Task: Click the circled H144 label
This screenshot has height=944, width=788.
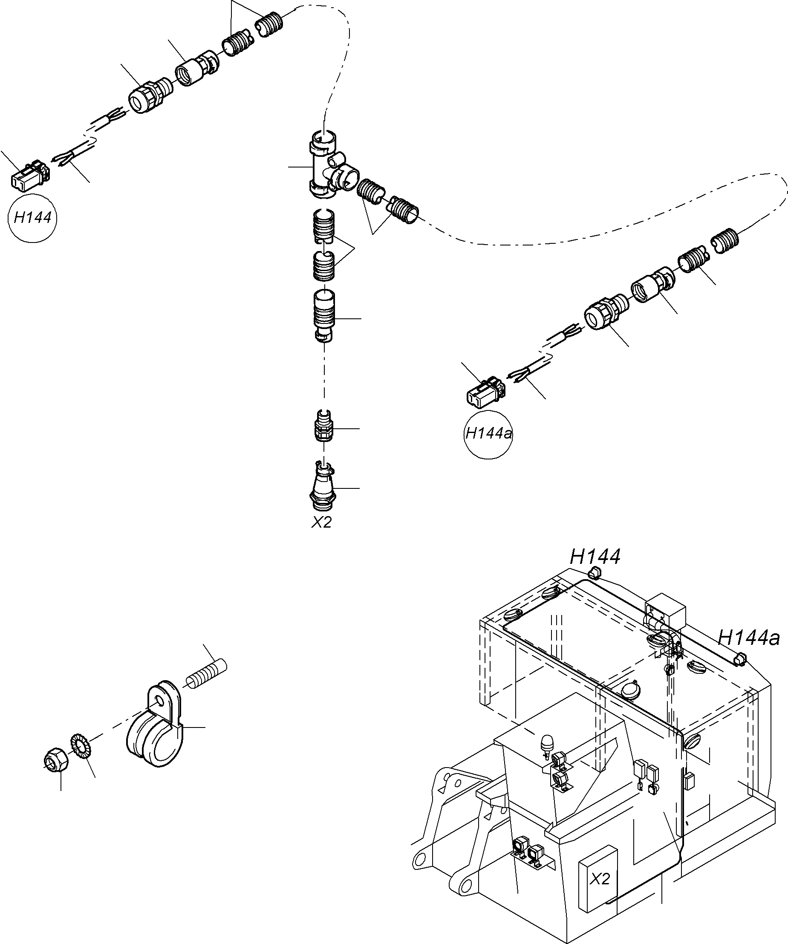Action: [x=32, y=218]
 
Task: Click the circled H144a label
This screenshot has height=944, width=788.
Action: [x=489, y=434]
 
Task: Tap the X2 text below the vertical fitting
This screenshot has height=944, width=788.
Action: [x=322, y=522]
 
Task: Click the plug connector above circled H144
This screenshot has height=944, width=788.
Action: [x=29, y=176]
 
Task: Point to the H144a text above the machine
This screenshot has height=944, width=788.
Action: [x=748, y=638]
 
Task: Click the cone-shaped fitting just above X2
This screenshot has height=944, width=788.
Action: [x=323, y=488]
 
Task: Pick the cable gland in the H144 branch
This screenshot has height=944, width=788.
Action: [x=147, y=95]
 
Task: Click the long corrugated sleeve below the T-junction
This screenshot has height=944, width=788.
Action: [x=324, y=315]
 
